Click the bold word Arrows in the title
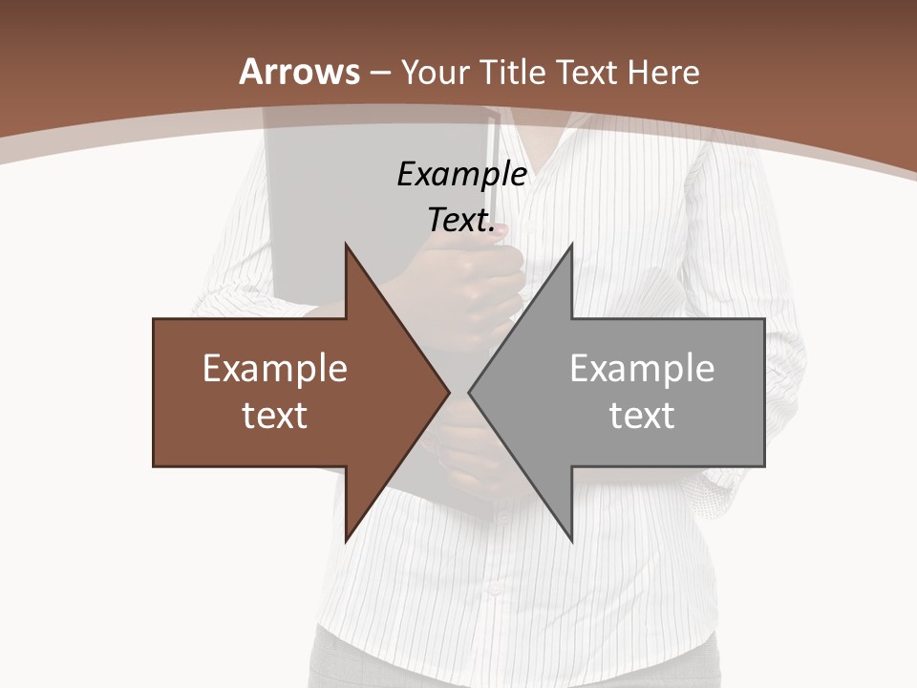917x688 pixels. tap(299, 72)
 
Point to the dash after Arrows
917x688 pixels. tap(380, 74)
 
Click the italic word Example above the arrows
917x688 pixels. tap(461, 174)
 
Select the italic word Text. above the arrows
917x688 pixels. tap(461, 220)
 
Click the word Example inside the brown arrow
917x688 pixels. tap(275, 368)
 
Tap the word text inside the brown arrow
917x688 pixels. tap(275, 415)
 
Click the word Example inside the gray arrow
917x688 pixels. tap(642, 368)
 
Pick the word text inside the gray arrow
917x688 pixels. tap(642, 415)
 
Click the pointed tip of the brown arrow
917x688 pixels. tap(449, 392)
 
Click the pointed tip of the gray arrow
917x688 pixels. tap(469, 392)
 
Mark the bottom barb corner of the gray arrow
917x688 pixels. tap(572, 541)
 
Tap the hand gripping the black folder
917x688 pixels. tap(478, 287)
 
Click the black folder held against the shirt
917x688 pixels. tap(315, 210)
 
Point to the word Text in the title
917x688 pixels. tap(586, 72)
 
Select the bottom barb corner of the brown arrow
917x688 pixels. tap(346, 541)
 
